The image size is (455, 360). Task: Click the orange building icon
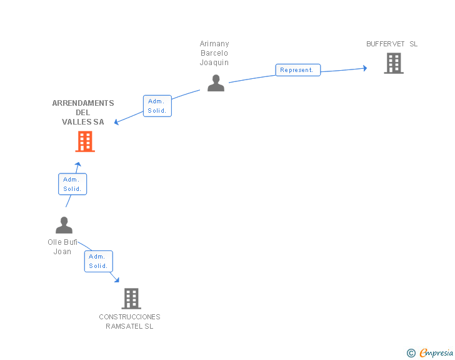(85, 141)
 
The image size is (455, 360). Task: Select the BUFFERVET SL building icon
(394, 63)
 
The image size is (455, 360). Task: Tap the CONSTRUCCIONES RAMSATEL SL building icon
(131, 299)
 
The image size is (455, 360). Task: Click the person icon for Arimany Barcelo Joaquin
(216, 83)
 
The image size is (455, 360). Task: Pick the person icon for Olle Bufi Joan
(64, 225)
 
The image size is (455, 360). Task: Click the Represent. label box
(298, 70)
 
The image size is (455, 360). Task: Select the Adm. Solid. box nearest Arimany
(157, 106)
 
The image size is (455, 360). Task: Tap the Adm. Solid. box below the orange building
(72, 184)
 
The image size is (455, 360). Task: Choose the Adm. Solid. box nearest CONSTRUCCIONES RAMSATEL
(99, 262)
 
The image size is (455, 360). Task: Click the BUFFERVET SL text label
(392, 44)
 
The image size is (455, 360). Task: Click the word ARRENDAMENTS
(83, 103)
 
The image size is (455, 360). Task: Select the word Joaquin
(214, 63)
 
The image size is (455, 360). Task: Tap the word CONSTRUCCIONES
(130, 317)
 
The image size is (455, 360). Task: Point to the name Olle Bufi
(62, 242)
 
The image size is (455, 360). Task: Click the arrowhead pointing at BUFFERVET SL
(366, 68)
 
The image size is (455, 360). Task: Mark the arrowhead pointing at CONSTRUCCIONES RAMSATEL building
(117, 280)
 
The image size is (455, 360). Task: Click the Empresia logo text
(436, 352)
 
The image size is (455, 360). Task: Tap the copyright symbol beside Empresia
(411, 353)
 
